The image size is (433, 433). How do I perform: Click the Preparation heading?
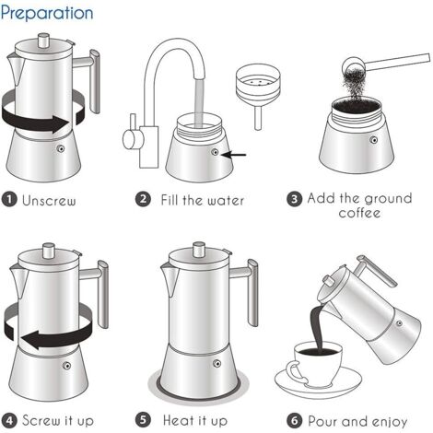(47, 13)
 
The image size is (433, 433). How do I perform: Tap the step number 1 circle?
(10, 199)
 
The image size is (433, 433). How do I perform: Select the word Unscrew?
(49, 199)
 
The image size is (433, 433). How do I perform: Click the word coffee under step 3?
(358, 214)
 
